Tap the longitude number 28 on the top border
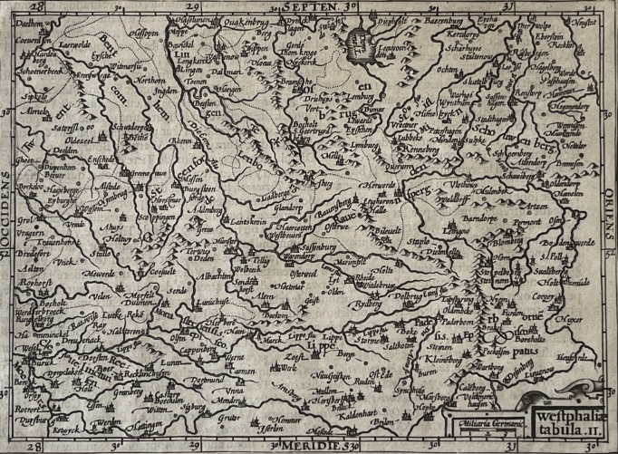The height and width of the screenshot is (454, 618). (x=32, y=7)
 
